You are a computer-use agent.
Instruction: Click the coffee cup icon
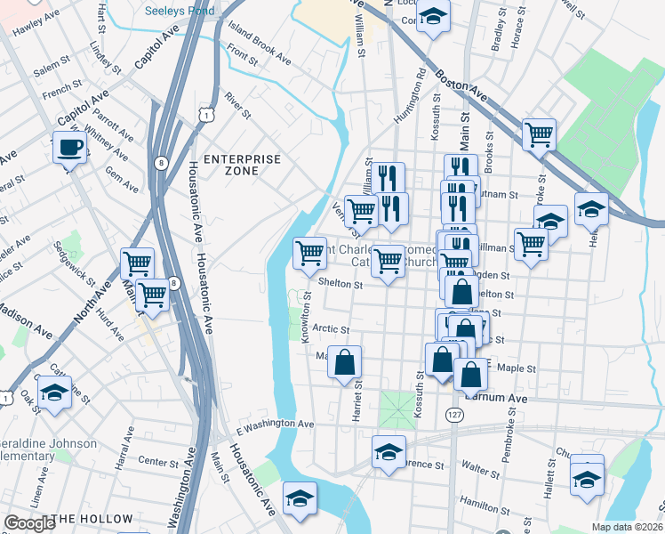[x=69, y=147]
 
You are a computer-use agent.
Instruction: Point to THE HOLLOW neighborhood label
[x=92, y=519]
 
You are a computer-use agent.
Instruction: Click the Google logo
[x=29, y=523]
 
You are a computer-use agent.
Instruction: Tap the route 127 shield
[x=454, y=416]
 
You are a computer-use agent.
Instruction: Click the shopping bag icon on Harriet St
[x=344, y=362]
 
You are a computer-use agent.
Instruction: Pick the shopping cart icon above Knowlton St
[x=309, y=253]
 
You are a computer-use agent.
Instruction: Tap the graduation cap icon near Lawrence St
[x=388, y=452]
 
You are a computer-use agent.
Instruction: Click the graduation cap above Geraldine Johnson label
[x=55, y=392]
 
